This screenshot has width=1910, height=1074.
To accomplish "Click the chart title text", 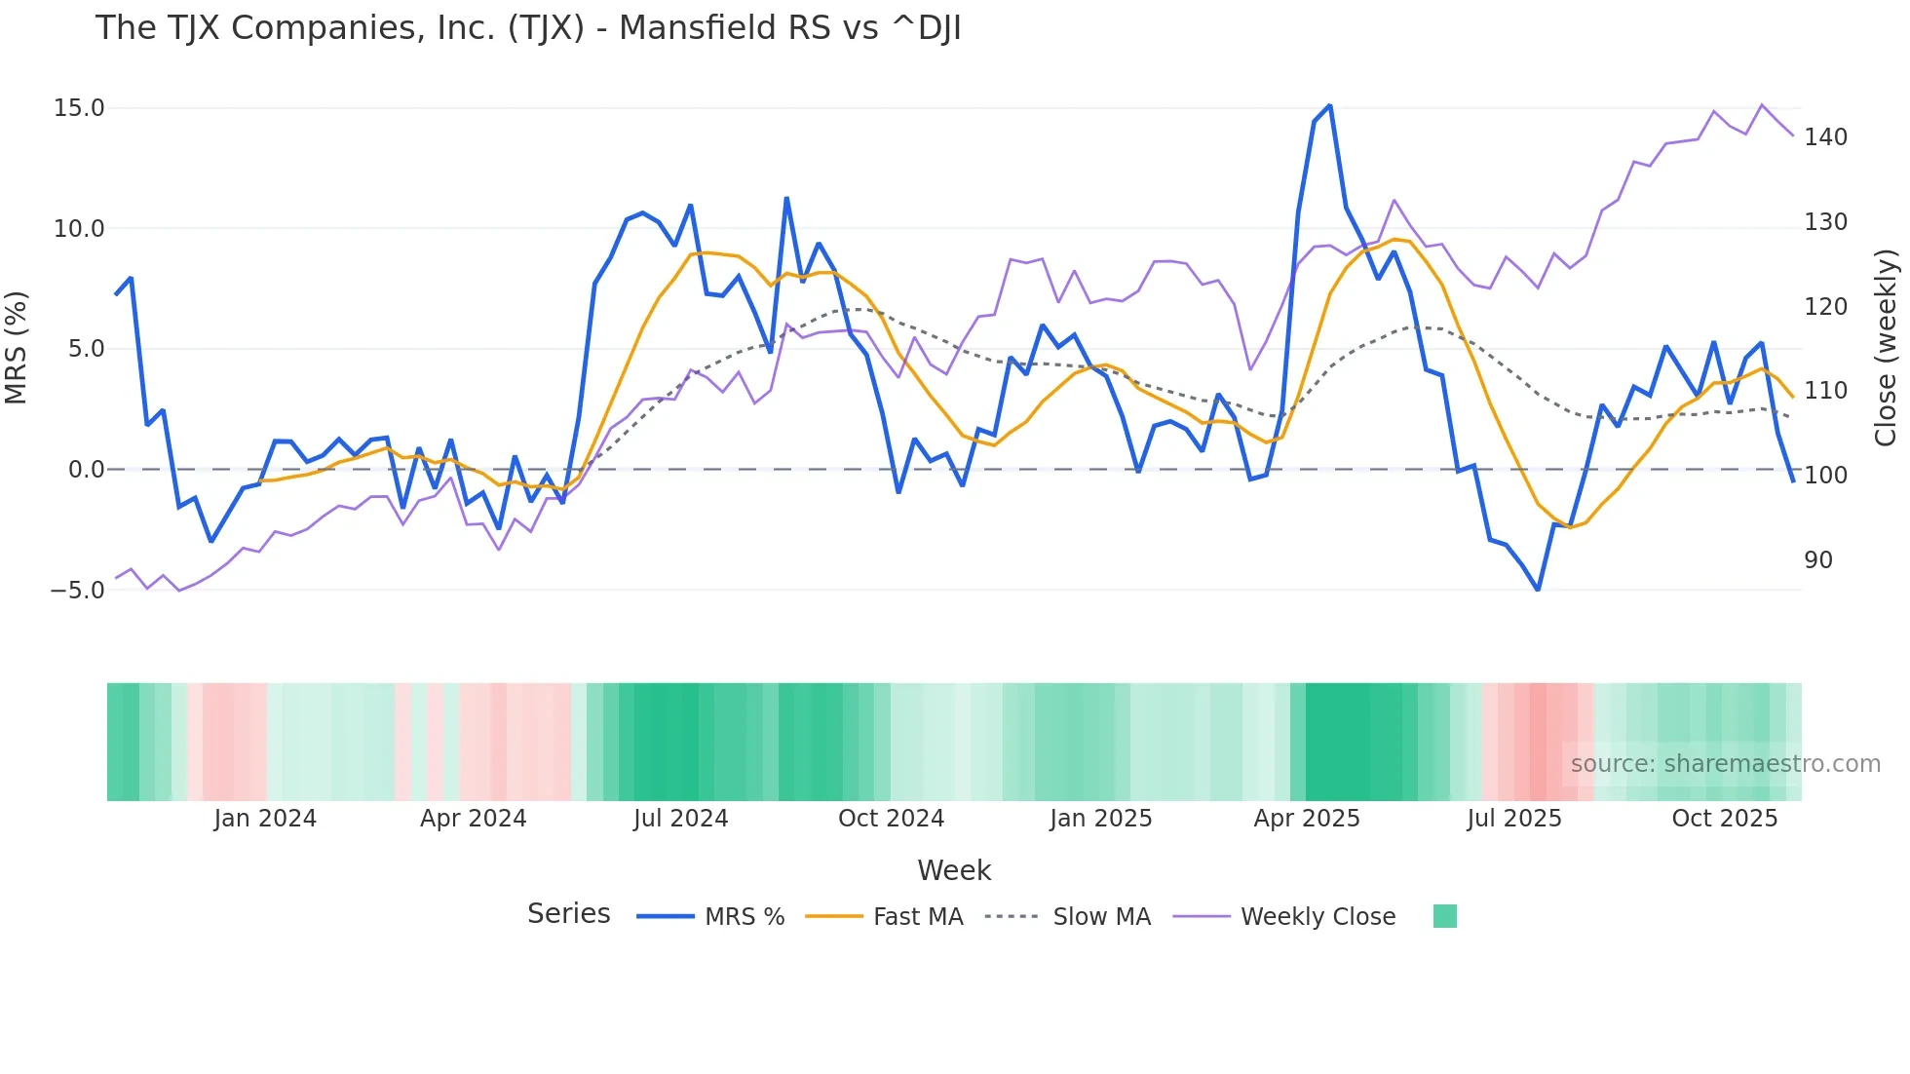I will point(527,28).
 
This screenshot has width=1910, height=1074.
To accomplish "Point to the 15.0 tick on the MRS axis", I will point(79,108).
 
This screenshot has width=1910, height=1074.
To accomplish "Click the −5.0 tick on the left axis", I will point(77,591).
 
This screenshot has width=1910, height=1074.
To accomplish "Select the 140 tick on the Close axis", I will point(1825,137).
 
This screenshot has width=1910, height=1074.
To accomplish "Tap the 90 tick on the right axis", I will point(1817,560).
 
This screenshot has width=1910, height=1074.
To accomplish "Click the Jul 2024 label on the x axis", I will point(680,819).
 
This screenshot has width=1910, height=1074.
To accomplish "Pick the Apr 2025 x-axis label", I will point(1306,819).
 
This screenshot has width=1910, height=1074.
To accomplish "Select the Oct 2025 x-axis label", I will point(1724,819).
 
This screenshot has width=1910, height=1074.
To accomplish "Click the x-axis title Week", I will point(953,870).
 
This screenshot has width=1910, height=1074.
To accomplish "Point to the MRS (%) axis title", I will point(16,348).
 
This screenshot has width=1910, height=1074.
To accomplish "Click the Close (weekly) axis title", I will point(1886,348).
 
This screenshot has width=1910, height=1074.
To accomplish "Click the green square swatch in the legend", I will point(1444,916).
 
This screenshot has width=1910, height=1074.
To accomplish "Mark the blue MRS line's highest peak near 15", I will point(1329,106).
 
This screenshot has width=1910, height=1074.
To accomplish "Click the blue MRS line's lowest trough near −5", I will point(1538,590).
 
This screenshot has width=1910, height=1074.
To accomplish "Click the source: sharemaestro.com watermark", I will point(1725,764).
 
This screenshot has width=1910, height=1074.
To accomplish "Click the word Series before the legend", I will point(568,914).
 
